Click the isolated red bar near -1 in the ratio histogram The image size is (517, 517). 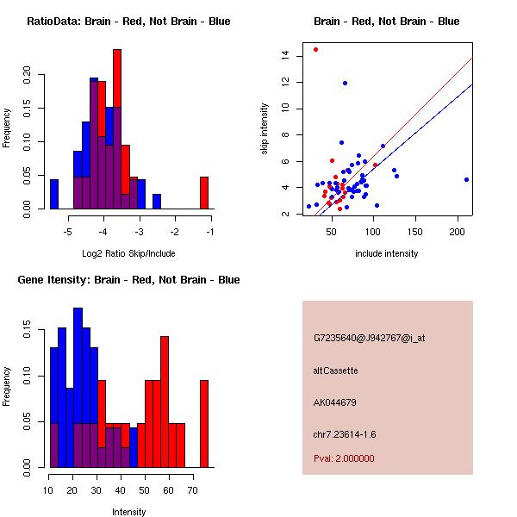tap(204, 193)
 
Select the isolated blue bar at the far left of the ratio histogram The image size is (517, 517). tap(54, 194)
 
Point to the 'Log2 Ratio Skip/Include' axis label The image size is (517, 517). tap(128, 253)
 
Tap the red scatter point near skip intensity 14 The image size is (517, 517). tap(315, 49)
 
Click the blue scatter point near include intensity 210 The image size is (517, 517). tap(466, 179)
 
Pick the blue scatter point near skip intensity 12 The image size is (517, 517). tap(345, 83)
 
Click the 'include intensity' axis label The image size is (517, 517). tap(387, 253)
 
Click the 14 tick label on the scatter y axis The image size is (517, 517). tap(284, 56)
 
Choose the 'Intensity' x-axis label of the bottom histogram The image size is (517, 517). tap(128, 512)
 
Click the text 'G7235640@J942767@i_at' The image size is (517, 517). tap(370, 337)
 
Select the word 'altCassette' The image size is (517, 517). tap(335, 370)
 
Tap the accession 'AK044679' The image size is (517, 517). tap(335, 402)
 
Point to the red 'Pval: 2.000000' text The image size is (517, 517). tap(344, 458)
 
